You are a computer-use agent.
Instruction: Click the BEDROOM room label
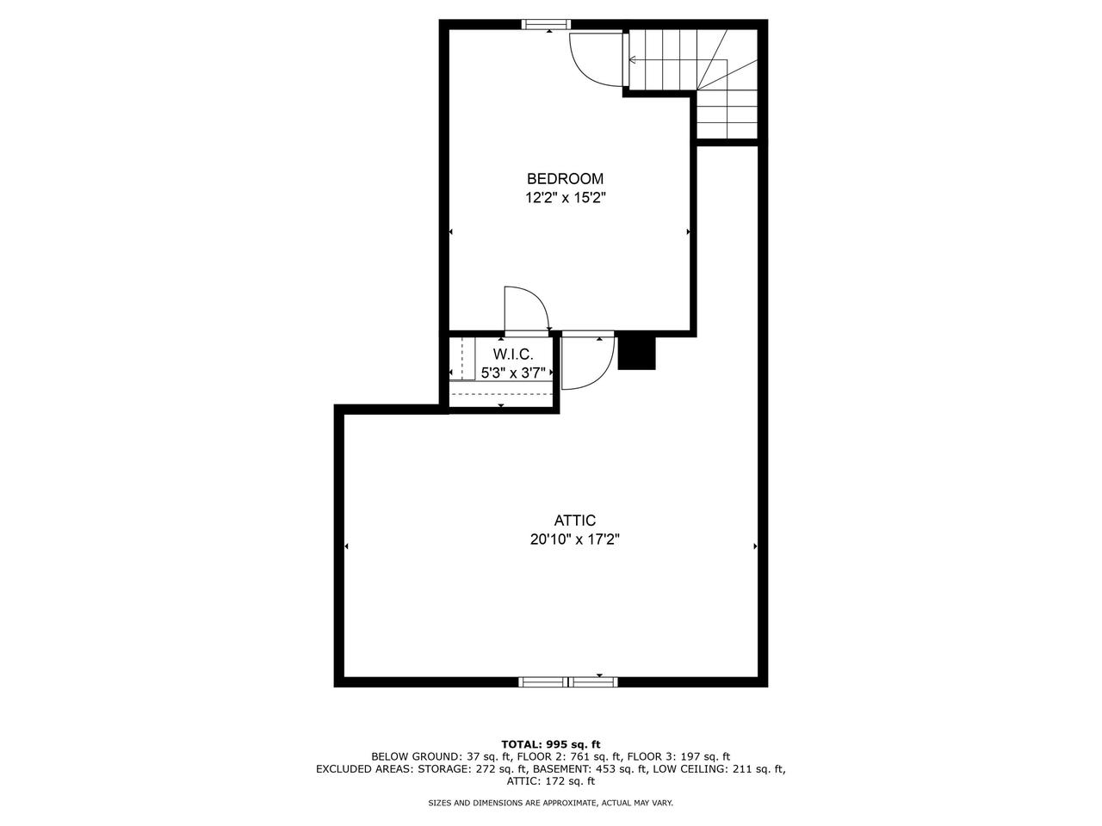(x=565, y=179)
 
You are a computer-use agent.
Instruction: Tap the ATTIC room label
(x=574, y=521)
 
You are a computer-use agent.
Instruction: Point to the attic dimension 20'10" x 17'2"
(x=574, y=540)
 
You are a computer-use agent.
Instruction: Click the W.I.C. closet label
(x=512, y=354)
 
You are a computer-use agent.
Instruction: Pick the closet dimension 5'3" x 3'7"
(x=513, y=373)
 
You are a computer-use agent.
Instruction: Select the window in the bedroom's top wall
(x=547, y=24)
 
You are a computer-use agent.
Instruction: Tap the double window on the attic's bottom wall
(x=568, y=682)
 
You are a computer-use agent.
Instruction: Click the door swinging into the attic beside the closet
(x=585, y=361)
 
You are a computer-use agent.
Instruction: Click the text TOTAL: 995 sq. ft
(x=551, y=744)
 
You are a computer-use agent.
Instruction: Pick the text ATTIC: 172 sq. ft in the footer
(x=551, y=781)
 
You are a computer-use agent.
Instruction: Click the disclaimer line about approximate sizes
(x=551, y=803)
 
